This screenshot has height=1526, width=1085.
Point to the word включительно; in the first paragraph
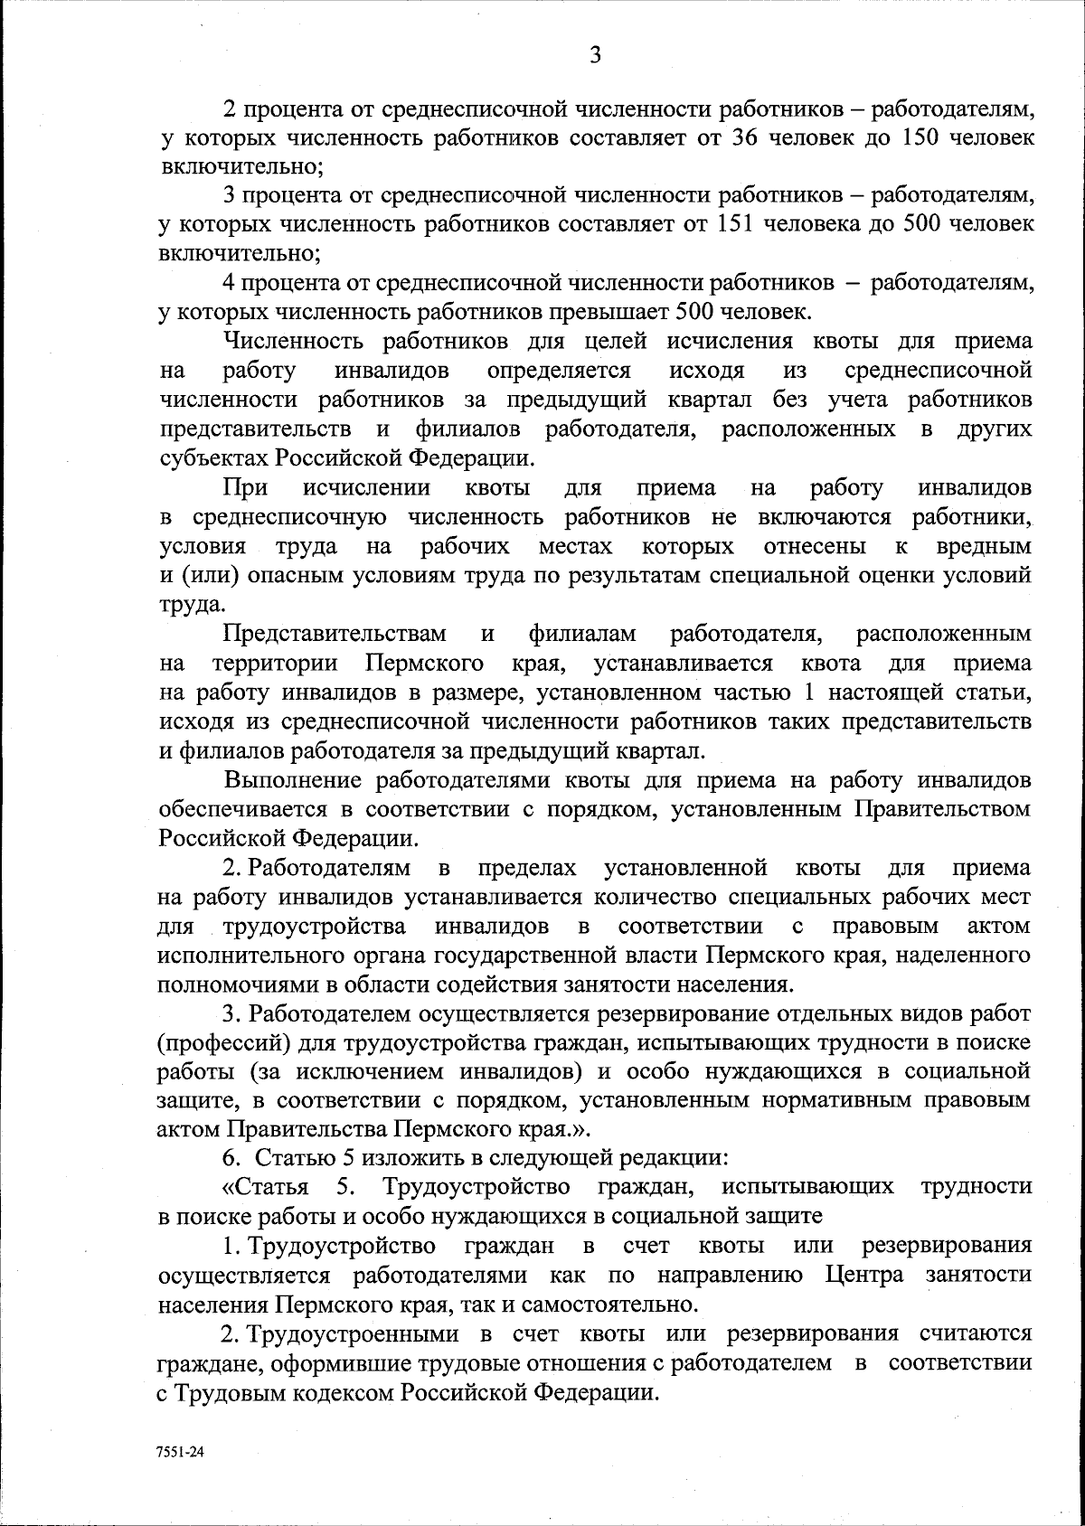pos(241,167)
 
